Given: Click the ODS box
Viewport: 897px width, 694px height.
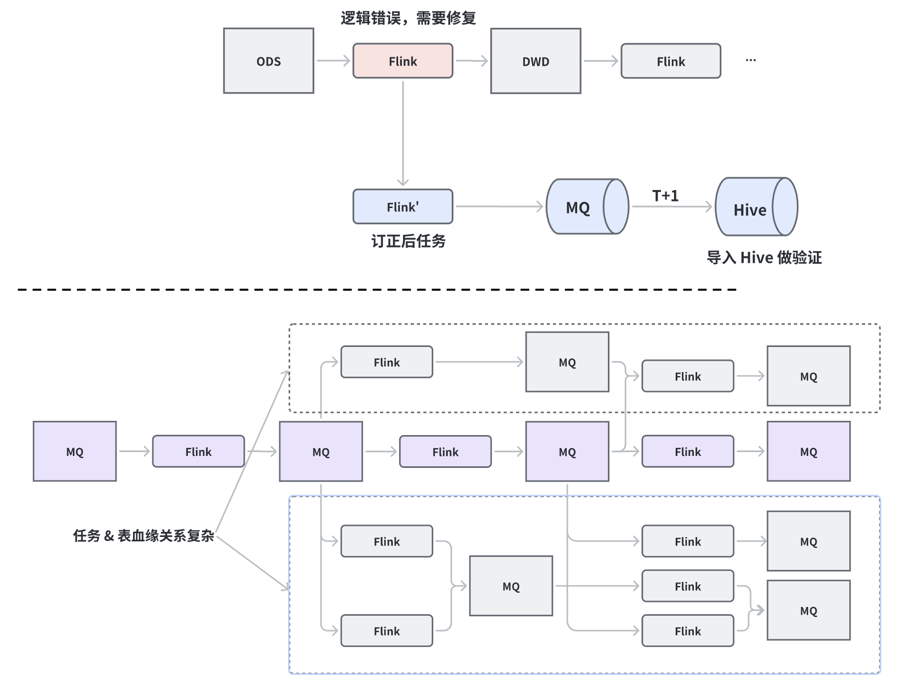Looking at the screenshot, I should click(268, 61).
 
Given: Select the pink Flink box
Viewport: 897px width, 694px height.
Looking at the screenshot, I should click(403, 61).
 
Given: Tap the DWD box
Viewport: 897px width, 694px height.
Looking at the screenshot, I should click(536, 61).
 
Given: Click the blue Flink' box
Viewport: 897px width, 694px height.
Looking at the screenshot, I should click(403, 207).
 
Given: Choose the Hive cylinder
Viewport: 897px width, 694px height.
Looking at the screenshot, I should click(756, 207).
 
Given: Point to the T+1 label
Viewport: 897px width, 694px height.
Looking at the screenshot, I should click(665, 195).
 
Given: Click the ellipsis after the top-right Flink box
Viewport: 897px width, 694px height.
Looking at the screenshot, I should click(751, 60).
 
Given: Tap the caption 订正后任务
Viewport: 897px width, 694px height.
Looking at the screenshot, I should click(408, 241).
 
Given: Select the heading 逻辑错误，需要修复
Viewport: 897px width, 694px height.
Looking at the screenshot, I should click(408, 18).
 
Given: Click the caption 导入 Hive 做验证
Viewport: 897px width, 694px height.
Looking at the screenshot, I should click(764, 257).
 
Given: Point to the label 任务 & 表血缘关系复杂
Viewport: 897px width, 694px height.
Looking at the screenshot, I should click(143, 535).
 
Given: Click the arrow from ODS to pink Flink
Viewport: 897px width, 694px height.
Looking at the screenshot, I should click(333, 61).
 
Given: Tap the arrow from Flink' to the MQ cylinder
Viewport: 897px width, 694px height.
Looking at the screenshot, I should click(499, 206).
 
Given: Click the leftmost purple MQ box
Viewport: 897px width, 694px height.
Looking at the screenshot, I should click(74, 451).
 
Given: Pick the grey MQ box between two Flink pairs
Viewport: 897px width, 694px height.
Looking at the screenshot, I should click(511, 586).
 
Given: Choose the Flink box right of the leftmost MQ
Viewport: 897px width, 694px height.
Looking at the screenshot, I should click(198, 451).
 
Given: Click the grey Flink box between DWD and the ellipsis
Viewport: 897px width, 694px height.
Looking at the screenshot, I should click(670, 61).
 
